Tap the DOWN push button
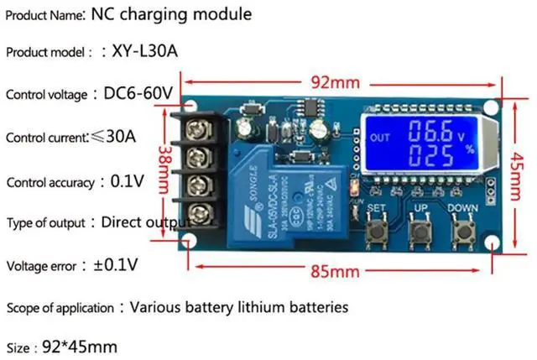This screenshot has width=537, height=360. tap(462, 226)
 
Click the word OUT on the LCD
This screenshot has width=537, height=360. tap(381, 138)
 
